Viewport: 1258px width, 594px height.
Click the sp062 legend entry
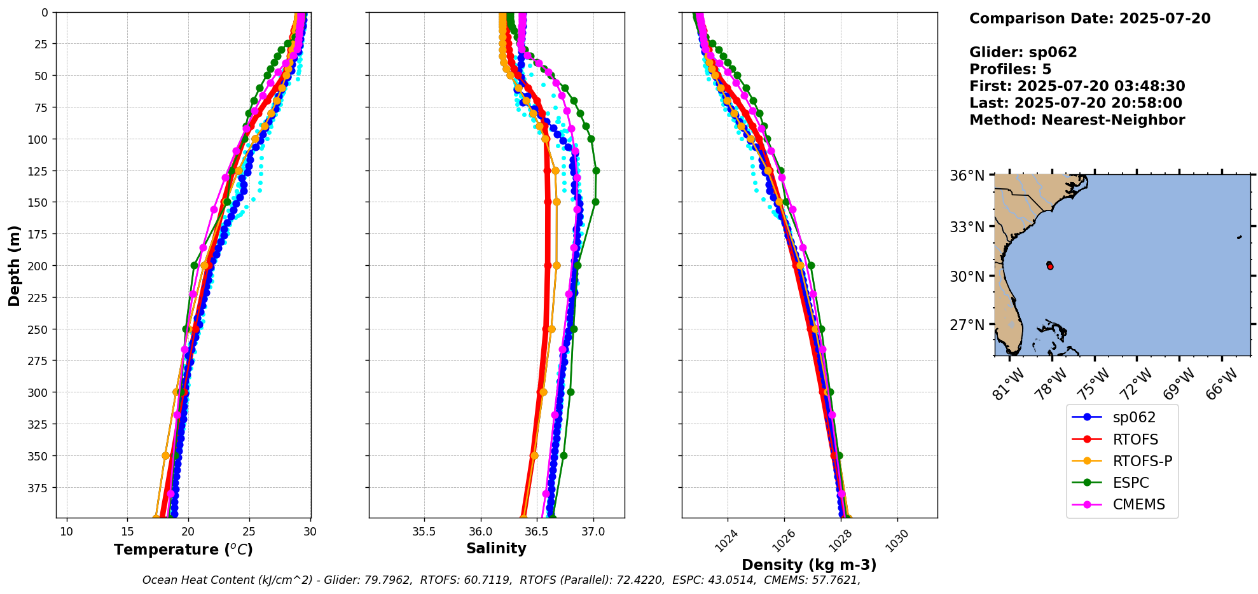coord(1134,418)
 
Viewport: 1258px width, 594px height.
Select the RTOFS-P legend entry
coord(1142,461)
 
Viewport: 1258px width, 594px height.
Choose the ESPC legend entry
coord(1130,483)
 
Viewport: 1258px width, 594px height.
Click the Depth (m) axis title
coord(14,265)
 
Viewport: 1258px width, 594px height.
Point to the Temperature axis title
coord(183,549)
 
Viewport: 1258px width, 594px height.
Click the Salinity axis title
coord(496,548)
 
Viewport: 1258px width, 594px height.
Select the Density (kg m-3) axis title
coord(809,565)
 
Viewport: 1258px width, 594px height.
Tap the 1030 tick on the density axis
coord(897,541)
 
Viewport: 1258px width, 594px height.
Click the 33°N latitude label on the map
coord(967,227)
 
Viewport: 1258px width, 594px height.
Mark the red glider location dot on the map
coord(1050,266)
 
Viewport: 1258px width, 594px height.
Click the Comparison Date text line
coord(1089,18)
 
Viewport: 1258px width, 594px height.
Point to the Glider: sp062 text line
coord(1023,52)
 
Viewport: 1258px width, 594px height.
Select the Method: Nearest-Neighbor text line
coord(1077,120)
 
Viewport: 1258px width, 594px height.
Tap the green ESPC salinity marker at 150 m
coord(595,202)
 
